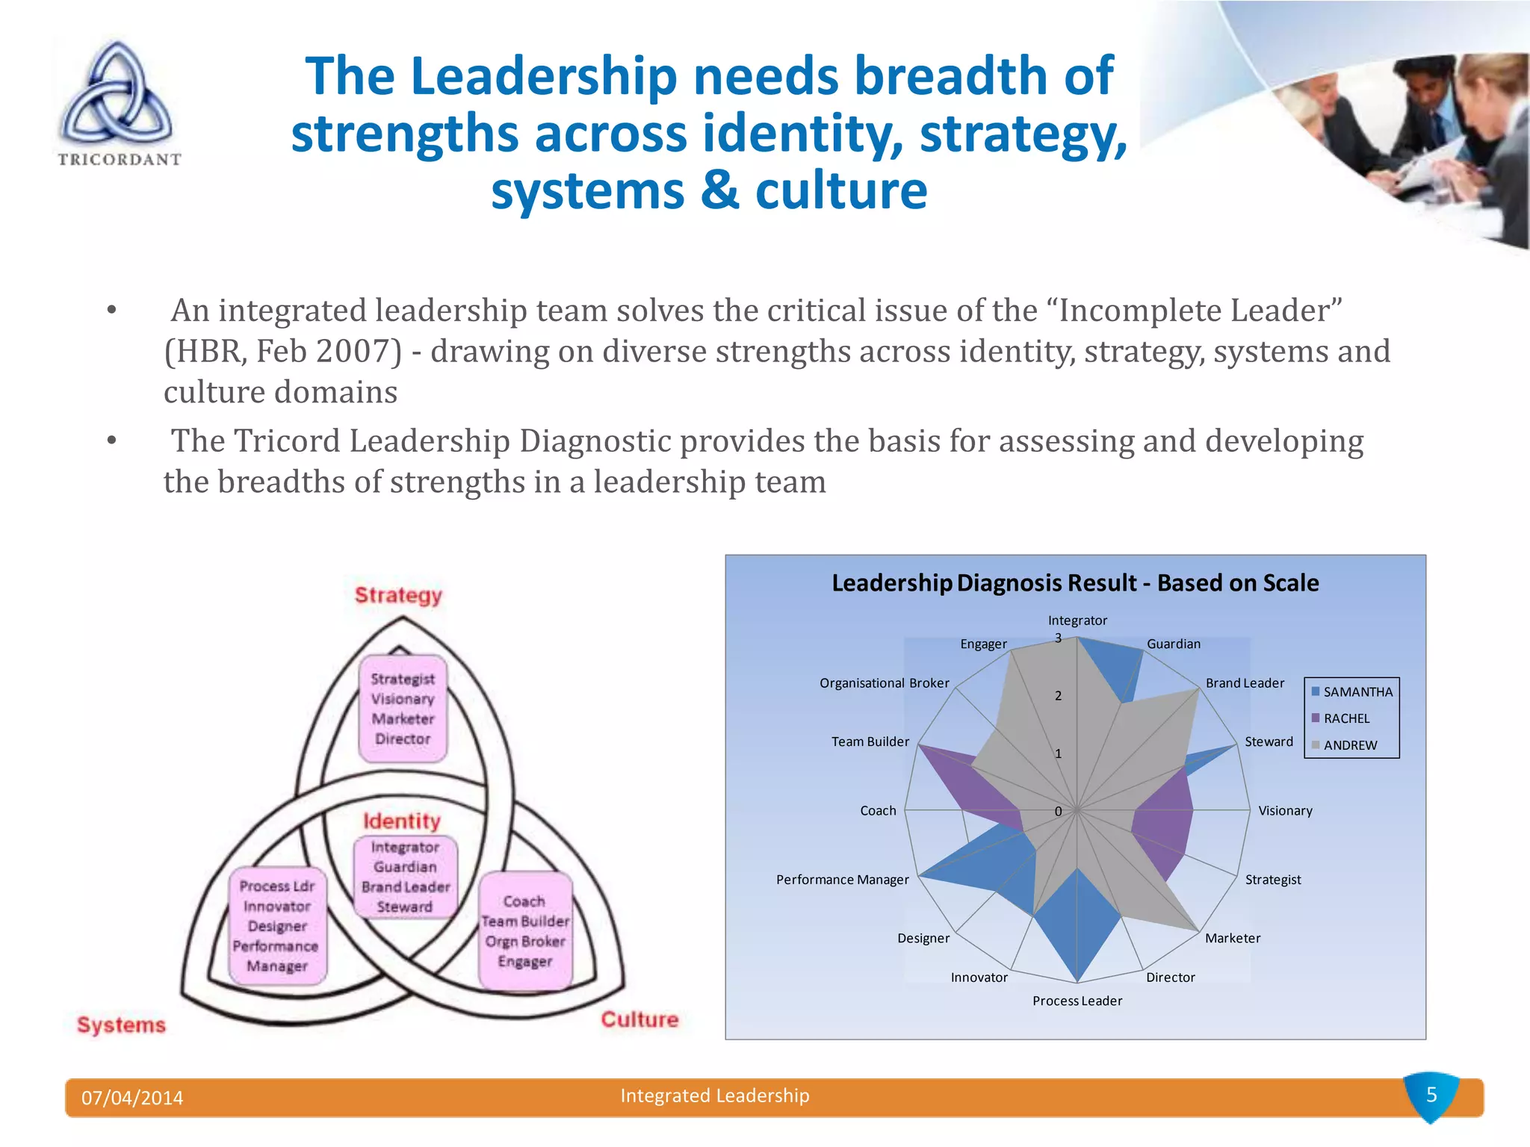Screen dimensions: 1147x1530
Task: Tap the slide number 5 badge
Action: coord(1431,1095)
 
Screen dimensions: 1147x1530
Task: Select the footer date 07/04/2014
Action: coord(132,1098)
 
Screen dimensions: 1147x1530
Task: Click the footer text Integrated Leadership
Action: coord(715,1095)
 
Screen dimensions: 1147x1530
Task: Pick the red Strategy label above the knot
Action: coord(398,595)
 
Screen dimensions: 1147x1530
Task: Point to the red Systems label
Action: coord(121,1025)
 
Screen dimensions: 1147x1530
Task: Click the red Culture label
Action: coord(639,1019)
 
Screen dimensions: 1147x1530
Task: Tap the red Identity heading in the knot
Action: coord(402,821)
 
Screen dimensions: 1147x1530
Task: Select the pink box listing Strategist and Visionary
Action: coord(403,709)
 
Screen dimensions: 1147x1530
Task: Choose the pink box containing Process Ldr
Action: coord(277,926)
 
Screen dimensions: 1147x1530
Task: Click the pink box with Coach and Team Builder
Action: coord(525,931)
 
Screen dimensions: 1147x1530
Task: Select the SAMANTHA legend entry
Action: coord(1351,691)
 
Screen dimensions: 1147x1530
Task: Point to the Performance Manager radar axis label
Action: coord(842,880)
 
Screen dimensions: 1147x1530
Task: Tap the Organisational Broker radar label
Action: coord(884,683)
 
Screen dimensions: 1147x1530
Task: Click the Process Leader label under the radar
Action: coord(1077,1001)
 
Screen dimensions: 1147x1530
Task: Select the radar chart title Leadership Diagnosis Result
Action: coord(1075,582)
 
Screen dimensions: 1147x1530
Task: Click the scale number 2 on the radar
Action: coord(1058,696)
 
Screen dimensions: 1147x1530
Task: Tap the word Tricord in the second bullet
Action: coord(287,441)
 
